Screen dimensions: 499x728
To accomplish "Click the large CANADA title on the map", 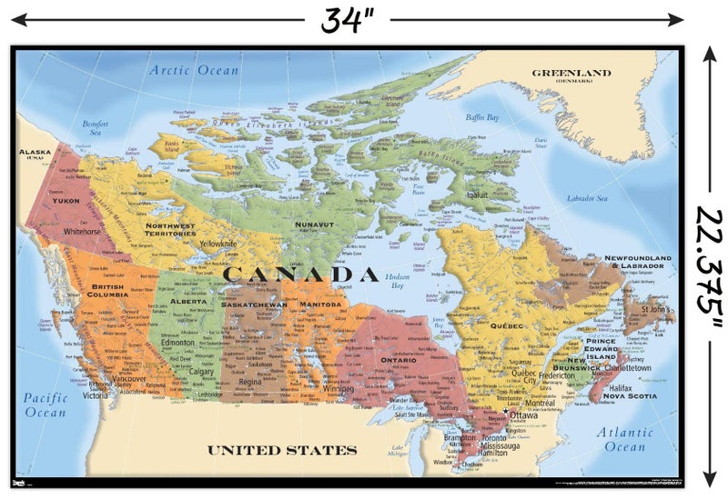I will point(300,274).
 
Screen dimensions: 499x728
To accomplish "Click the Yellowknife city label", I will point(217,244).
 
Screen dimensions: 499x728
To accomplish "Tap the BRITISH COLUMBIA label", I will point(108,291).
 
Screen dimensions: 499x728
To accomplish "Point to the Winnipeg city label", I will point(338,388).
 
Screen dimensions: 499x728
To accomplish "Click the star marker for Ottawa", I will point(506,412).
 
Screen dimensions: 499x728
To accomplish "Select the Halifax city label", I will point(621,387).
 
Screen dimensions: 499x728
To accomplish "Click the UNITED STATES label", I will point(281,450).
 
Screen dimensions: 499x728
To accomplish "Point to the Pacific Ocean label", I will point(45,405).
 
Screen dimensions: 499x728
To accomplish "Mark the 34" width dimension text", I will point(348,18).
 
